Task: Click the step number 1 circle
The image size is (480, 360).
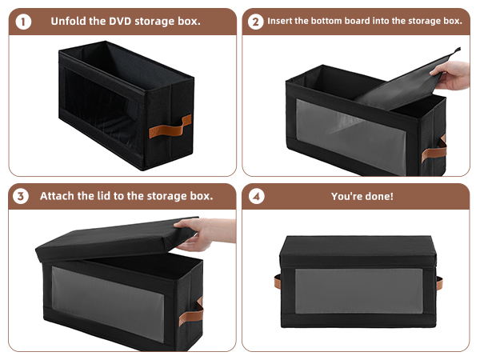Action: (24, 21)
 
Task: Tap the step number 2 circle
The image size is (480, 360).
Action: (256, 21)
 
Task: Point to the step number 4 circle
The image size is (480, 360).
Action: (256, 196)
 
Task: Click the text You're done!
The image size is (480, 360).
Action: (362, 196)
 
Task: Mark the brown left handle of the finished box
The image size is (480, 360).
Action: (277, 282)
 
